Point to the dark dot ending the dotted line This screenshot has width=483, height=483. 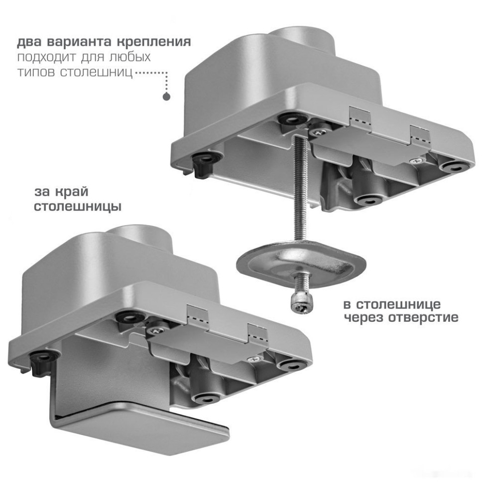pyautogui.click(x=166, y=97)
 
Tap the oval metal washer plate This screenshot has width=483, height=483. pyautogui.click(x=300, y=262)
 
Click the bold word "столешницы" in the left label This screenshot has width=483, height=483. pyautogui.click(x=77, y=206)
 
